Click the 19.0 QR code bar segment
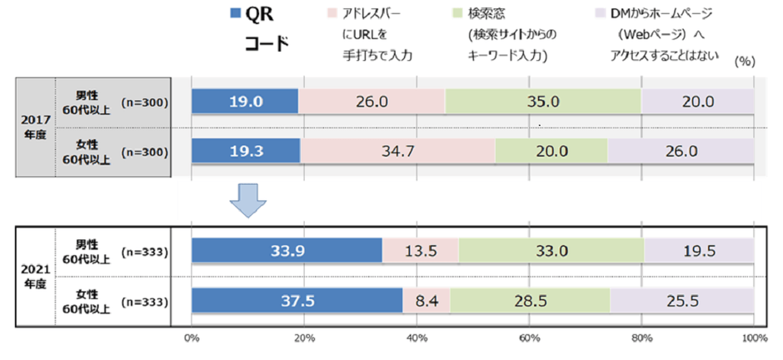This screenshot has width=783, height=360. click(244, 101)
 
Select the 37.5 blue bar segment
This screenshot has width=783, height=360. click(297, 301)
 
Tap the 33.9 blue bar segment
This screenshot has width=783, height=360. click(287, 250)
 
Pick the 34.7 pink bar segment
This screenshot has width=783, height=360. click(397, 152)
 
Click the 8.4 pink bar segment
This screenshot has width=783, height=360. click(426, 301)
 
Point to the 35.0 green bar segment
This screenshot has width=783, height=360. click(543, 101)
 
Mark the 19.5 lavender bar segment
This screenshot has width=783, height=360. click(699, 250)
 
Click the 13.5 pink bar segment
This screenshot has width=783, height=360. click(420, 250)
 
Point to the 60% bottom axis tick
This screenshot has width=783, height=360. click(529, 337)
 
